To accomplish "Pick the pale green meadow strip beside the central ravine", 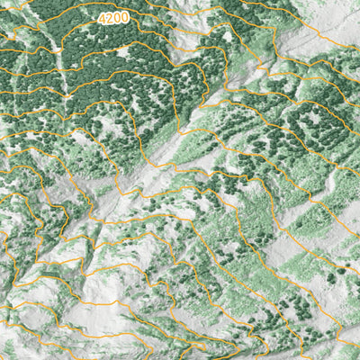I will click(x=193, y=144).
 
